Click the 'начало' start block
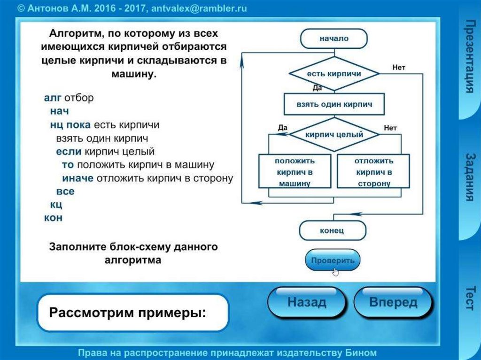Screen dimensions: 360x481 click(334, 38)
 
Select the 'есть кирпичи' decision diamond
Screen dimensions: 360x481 click(334, 74)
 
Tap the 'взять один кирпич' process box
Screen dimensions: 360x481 click(334, 105)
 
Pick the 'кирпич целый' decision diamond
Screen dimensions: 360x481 click(334, 135)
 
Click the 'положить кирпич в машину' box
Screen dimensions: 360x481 click(295, 172)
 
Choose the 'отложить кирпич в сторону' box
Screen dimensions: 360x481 click(373, 172)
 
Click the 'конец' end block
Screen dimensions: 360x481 click(332, 230)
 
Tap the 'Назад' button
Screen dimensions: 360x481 click(307, 302)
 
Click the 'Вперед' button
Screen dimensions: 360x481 click(393, 302)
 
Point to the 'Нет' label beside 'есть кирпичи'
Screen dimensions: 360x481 click(398, 68)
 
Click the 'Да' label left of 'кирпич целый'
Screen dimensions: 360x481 click(282, 128)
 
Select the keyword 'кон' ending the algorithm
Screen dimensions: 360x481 click(53, 218)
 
